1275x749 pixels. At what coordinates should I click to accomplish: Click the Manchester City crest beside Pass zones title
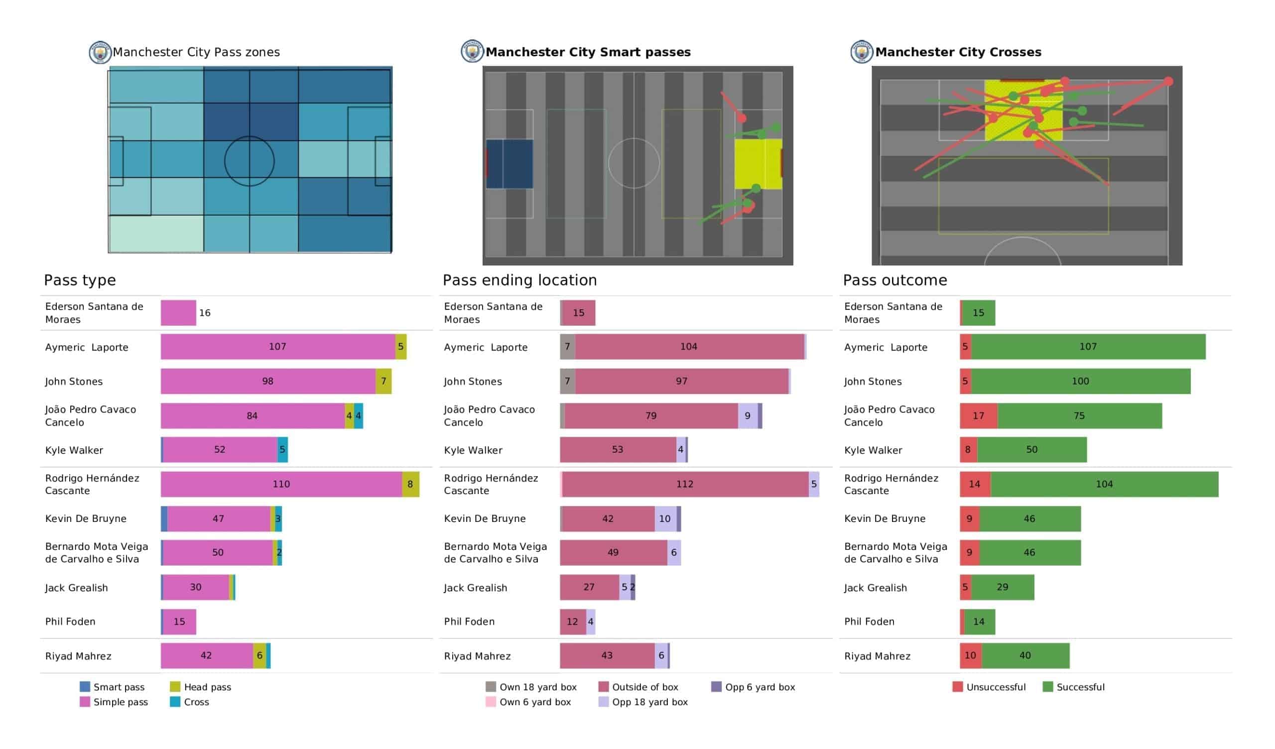coord(100,52)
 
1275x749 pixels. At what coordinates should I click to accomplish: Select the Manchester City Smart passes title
coord(588,52)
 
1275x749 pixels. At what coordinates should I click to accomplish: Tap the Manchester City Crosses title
coord(958,52)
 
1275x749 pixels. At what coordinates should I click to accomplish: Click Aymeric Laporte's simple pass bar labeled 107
coord(278,347)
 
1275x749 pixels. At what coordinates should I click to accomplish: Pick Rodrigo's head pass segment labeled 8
coord(410,484)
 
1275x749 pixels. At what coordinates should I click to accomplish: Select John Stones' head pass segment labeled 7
coord(383,381)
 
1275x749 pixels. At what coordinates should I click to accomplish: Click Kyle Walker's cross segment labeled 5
coord(282,449)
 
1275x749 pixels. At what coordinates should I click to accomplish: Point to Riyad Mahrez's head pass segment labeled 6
coord(259,655)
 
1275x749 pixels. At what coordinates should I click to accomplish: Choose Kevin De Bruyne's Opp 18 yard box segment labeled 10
coord(665,519)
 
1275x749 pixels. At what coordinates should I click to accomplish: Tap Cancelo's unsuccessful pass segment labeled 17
coord(979,415)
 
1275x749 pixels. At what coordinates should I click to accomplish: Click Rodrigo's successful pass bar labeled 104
coord(1104,484)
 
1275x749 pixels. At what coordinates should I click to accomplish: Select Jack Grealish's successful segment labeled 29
coord(1002,587)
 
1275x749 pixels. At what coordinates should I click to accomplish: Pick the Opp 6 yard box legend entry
coord(753,687)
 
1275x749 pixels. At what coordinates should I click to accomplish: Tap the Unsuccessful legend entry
coord(989,687)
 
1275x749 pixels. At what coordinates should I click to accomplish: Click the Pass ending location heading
coord(519,280)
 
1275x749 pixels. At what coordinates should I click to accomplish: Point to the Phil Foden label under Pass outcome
coord(869,622)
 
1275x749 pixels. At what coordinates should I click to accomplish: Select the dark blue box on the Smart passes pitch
coord(510,164)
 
